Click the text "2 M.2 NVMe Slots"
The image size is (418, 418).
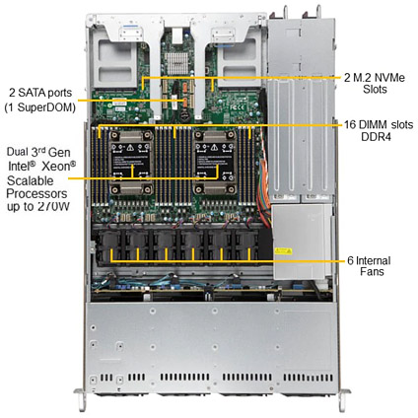tap(375, 83)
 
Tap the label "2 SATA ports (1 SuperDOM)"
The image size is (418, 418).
tap(40, 100)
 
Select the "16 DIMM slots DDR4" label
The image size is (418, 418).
tap(379, 130)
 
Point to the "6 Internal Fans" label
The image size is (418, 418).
tap(369, 266)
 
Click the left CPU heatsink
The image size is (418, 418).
tap(131, 163)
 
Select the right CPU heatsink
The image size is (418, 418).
tap(215, 163)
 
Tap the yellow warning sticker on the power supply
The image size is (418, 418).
tap(283, 251)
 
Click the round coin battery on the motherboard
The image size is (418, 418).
tap(184, 115)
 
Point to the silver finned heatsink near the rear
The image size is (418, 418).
tap(176, 63)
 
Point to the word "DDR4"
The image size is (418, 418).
tap(377, 136)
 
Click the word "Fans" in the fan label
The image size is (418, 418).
tap(372, 272)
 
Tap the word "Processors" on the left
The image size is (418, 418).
tap(36, 193)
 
